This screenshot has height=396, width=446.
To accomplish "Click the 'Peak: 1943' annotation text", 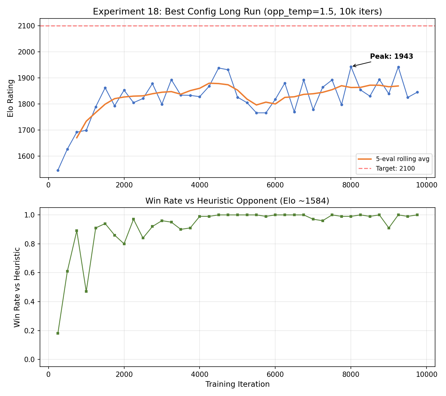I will (391, 56).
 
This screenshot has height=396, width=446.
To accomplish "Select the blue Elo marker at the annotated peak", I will (351, 67).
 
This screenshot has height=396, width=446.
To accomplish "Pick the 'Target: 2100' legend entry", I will (395, 169).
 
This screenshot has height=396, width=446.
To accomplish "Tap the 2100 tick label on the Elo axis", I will (29, 26).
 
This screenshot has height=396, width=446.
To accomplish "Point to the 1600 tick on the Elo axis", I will (29, 156).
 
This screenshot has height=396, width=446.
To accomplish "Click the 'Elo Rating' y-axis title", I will (11, 98).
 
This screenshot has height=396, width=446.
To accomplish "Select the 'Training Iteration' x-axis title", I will (237, 384).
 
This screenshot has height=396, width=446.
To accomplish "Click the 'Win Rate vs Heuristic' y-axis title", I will (17, 287).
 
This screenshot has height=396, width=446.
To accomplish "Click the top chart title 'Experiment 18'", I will (237, 12).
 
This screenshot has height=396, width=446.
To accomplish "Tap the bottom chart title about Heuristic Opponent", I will (237, 201).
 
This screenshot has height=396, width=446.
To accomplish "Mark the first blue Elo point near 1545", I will (58, 170).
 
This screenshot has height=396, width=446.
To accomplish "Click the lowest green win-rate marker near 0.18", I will (58, 333).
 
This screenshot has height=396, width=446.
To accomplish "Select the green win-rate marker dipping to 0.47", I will (86, 291).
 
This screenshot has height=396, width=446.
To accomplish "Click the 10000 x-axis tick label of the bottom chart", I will (426, 375).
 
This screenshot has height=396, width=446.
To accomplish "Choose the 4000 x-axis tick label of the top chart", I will (200, 185).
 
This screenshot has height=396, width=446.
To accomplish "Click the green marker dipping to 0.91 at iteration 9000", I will (389, 228).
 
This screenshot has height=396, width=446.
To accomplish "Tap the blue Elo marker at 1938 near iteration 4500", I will (219, 68).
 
